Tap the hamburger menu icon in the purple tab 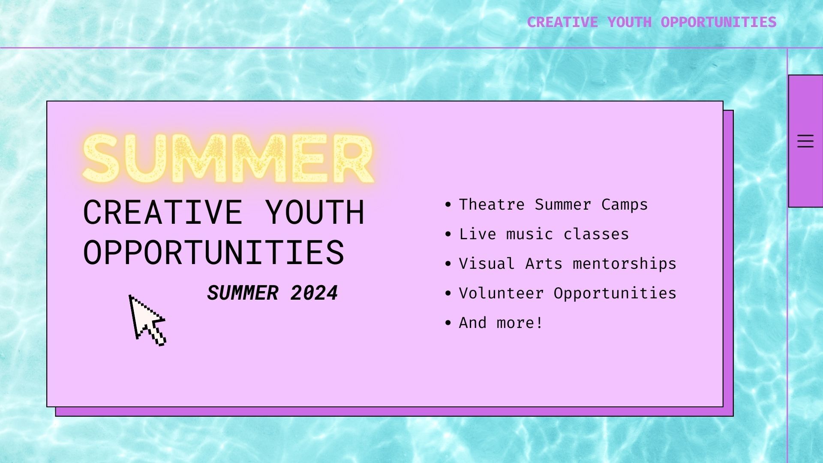click(805, 141)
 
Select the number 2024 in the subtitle click(314, 293)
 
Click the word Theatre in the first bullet click(492, 204)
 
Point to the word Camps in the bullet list click(624, 204)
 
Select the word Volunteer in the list click(501, 293)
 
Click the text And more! click(501, 323)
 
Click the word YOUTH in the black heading click(315, 212)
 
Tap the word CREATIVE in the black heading click(162, 212)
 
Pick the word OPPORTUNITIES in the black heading click(213, 252)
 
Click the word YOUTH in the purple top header click(629, 22)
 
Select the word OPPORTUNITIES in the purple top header click(718, 22)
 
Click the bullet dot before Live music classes click(448, 234)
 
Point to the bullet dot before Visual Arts click(448, 264)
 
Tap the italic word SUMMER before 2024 click(243, 293)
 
